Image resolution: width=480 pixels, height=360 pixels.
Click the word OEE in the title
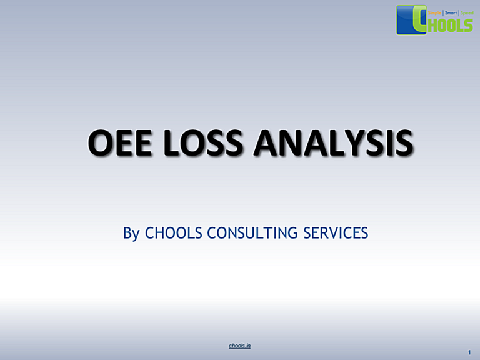pyautogui.click(x=119, y=143)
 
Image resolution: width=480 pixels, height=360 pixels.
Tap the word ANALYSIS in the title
pyautogui.click(x=333, y=143)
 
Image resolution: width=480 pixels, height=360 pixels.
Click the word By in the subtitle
pyautogui.click(x=131, y=234)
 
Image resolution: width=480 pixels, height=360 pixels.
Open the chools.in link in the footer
pyautogui.click(x=240, y=345)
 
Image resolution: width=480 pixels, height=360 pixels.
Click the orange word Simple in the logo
pyautogui.click(x=434, y=12)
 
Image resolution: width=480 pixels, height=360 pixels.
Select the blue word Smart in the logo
pyautogui.click(x=451, y=12)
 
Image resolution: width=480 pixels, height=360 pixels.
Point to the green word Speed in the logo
pyautogui.click(x=466, y=12)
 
